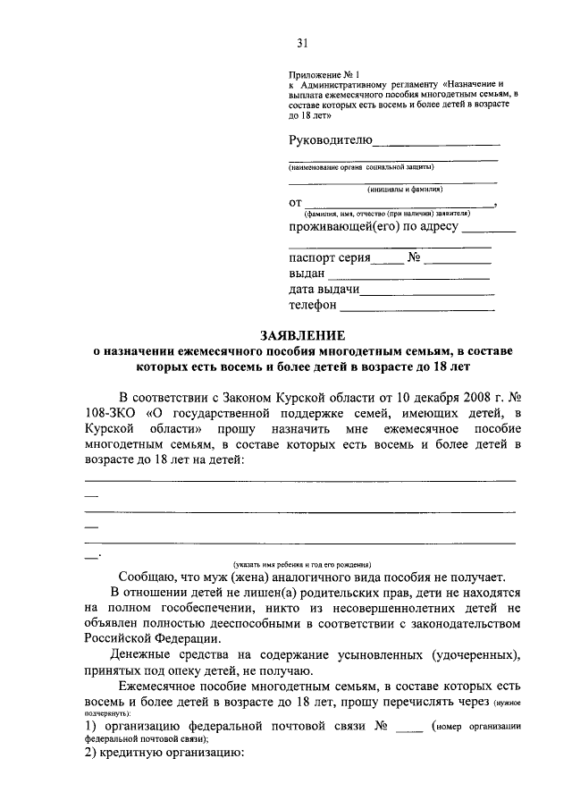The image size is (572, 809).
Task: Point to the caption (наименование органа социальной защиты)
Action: point(361,167)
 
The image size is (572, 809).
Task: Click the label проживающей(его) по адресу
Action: point(374,226)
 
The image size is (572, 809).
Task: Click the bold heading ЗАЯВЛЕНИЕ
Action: point(302,335)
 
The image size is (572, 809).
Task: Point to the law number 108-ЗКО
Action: point(108,412)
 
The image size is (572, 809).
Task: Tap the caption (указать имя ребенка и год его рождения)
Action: point(302,564)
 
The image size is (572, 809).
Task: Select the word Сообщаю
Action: point(147,577)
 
